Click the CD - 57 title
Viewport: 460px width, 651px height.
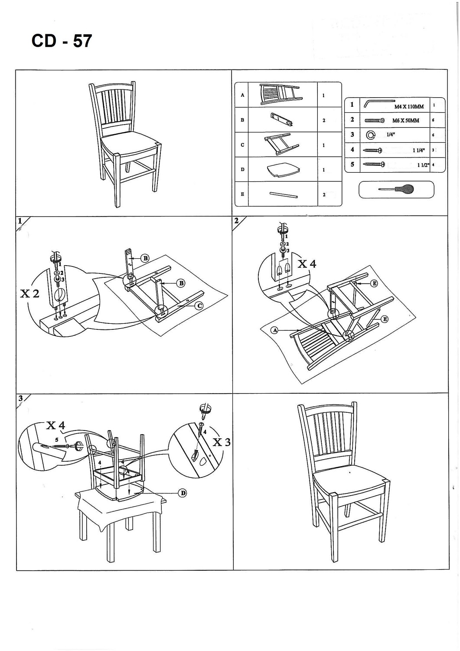[x=62, y=41]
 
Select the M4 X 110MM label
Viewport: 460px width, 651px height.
[x=409, y=106]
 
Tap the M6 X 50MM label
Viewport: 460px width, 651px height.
[x=405, y=121]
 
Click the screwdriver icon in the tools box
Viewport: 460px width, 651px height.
[x=396, y=189]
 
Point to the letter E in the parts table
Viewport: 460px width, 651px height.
[x=242, y=194]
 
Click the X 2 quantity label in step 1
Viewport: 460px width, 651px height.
[x=30, y=294]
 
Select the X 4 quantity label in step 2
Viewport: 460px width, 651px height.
[x=307, y=263]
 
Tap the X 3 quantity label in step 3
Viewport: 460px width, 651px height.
[x=221, y=442]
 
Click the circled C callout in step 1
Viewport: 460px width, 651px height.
[x=199, y=306]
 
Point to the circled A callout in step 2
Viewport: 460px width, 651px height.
[x=274, y=330]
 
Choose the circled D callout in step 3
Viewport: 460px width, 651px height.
[x=183, y=493]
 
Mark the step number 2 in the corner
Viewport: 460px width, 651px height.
[x=236, y=220]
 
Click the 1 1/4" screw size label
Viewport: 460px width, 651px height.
[x=418, y=150]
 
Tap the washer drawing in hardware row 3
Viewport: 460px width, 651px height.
[x=371, y=135]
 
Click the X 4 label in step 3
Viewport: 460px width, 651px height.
[x=55, y=425]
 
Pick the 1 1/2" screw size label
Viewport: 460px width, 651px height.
[x=423, y=165]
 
